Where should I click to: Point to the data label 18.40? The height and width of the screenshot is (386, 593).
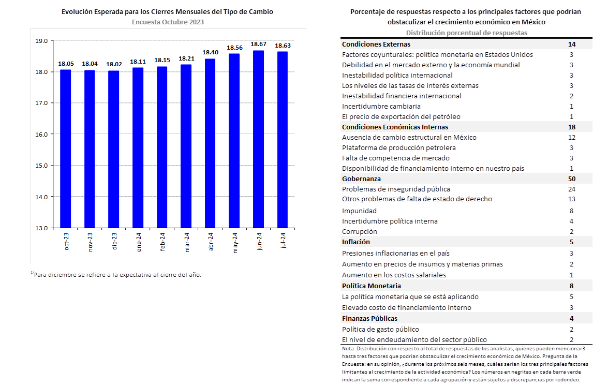[210, 52]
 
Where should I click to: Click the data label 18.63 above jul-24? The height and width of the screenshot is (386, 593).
[283, 46]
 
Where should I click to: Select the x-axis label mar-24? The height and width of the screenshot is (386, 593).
[187, 242]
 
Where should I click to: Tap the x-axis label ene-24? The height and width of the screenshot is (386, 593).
[139, 242]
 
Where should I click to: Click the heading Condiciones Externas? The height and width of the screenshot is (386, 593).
[376, 44]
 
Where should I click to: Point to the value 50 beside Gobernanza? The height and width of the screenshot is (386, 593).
[572, 179]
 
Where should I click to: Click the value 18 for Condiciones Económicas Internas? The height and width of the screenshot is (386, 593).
[572, 127]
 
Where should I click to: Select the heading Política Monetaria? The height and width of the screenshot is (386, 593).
[372, 286]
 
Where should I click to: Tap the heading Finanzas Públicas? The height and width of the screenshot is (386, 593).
[370, 318]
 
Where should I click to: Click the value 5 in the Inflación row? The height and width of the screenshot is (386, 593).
[572, 242]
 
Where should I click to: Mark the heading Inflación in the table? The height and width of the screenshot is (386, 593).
[356, 242]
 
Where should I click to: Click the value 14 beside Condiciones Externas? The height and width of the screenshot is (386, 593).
[572, 44]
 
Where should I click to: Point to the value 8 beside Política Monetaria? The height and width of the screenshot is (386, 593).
[572, 286]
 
